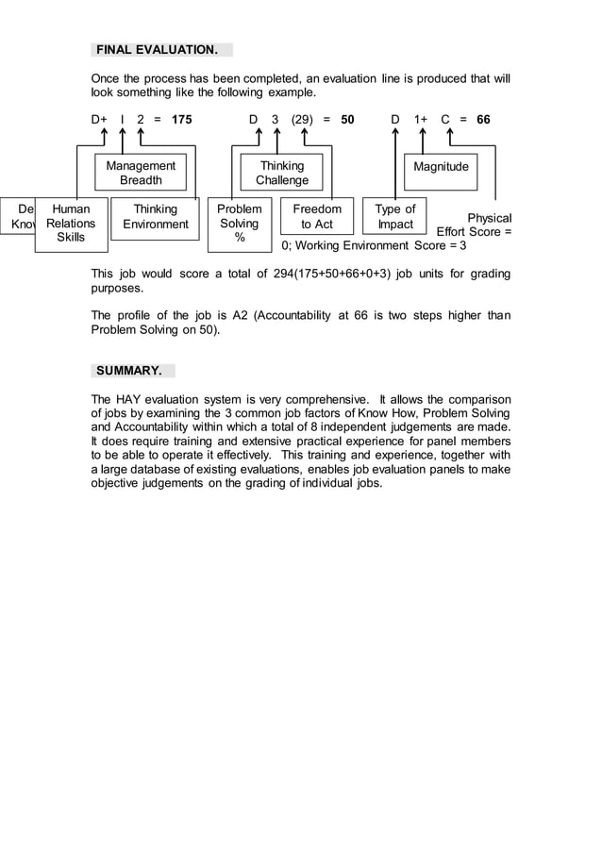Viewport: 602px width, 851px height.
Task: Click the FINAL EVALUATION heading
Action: [x=161, y=49]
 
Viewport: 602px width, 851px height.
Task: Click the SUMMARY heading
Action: [x=133, y=371]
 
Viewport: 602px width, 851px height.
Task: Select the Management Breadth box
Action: [x=141, y=173]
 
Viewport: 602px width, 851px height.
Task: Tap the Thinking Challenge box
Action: [x=282, y=173]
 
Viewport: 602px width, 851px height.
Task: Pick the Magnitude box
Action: [x=441, y=167]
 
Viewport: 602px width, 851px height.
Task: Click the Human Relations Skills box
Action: [x=71, y=224]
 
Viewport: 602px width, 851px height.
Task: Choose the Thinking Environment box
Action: [x=155, y=216]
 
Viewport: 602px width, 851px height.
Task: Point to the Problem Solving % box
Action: [x=240, y=224]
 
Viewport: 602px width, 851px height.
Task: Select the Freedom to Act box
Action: [x=317, y=216]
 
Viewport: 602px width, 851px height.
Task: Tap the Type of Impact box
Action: [x=394, y=216]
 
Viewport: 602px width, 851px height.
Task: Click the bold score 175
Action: [x=181, y=120]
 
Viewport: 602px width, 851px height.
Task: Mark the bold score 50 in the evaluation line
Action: [x=347, y=120]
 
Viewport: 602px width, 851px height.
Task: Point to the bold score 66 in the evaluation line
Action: [x=483, y=120]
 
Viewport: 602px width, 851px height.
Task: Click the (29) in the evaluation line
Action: [x=302, y=120]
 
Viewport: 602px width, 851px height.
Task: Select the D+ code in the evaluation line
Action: [x=99, y=120]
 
